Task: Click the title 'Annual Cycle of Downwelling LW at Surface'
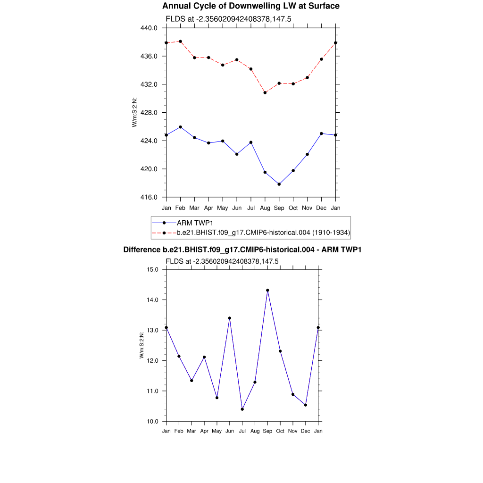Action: tap(250, 6)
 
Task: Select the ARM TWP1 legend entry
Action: tap(193, 223)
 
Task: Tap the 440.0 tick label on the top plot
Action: tap(150, 28)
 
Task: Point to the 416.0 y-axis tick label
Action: tap(150, 197)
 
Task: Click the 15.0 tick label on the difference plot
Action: tap(153, 270)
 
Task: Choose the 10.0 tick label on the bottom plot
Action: tap(153, 421)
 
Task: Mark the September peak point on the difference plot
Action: tap(267, 291)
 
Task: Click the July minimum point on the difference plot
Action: tap(242, 409)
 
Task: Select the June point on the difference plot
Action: tap(230, 318)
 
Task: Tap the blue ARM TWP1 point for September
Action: tap(279, 184)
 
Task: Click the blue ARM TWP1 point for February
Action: tap(180, 127)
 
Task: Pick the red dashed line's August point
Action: tap(265, 92)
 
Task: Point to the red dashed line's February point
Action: tap(180, 42)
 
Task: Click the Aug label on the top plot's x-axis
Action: tap(265, 208)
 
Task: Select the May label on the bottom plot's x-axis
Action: tap(217, 431)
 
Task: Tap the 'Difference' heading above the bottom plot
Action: tap(242, 250)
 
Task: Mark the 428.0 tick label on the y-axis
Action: tap(150, 113)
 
